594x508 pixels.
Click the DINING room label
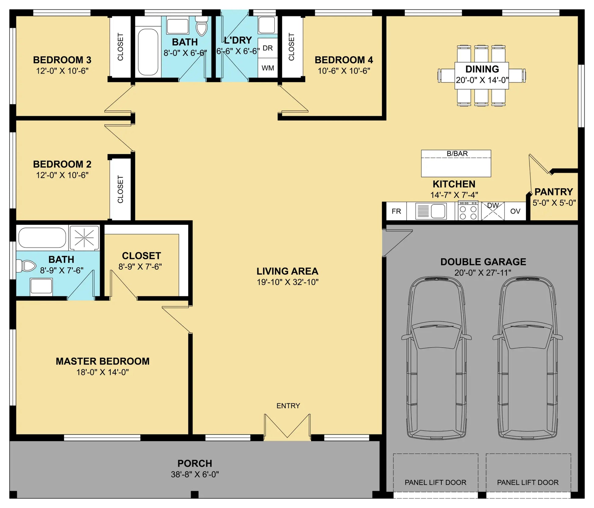(x=482, y=69)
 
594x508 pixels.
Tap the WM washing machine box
(x=268, y=68)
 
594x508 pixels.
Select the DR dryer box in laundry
(x=268, y=48)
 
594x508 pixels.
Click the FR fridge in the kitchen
(x=396, y=211)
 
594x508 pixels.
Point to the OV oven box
(x=515, y=211)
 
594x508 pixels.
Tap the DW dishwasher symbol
(x=493, y=211)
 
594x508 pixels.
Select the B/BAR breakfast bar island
(x=456, y=163)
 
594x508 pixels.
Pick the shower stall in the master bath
(x=84, y=237)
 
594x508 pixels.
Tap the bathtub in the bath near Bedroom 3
(x=148, y=52)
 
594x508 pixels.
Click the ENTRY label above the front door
(x=288, y=406)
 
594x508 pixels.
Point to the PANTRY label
(x=554, y=192)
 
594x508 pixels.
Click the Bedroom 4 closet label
(x=291, y=47)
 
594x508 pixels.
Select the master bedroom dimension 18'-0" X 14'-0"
(x=103, y=372)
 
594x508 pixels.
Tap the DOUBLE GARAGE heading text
(x=483, y=261)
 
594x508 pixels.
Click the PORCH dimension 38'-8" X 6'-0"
(x=195, y=474)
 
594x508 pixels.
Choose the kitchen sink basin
(x=438, y=211)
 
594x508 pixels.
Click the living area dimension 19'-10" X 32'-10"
(x=288, y=282)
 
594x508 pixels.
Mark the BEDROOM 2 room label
(x=62, y=164)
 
